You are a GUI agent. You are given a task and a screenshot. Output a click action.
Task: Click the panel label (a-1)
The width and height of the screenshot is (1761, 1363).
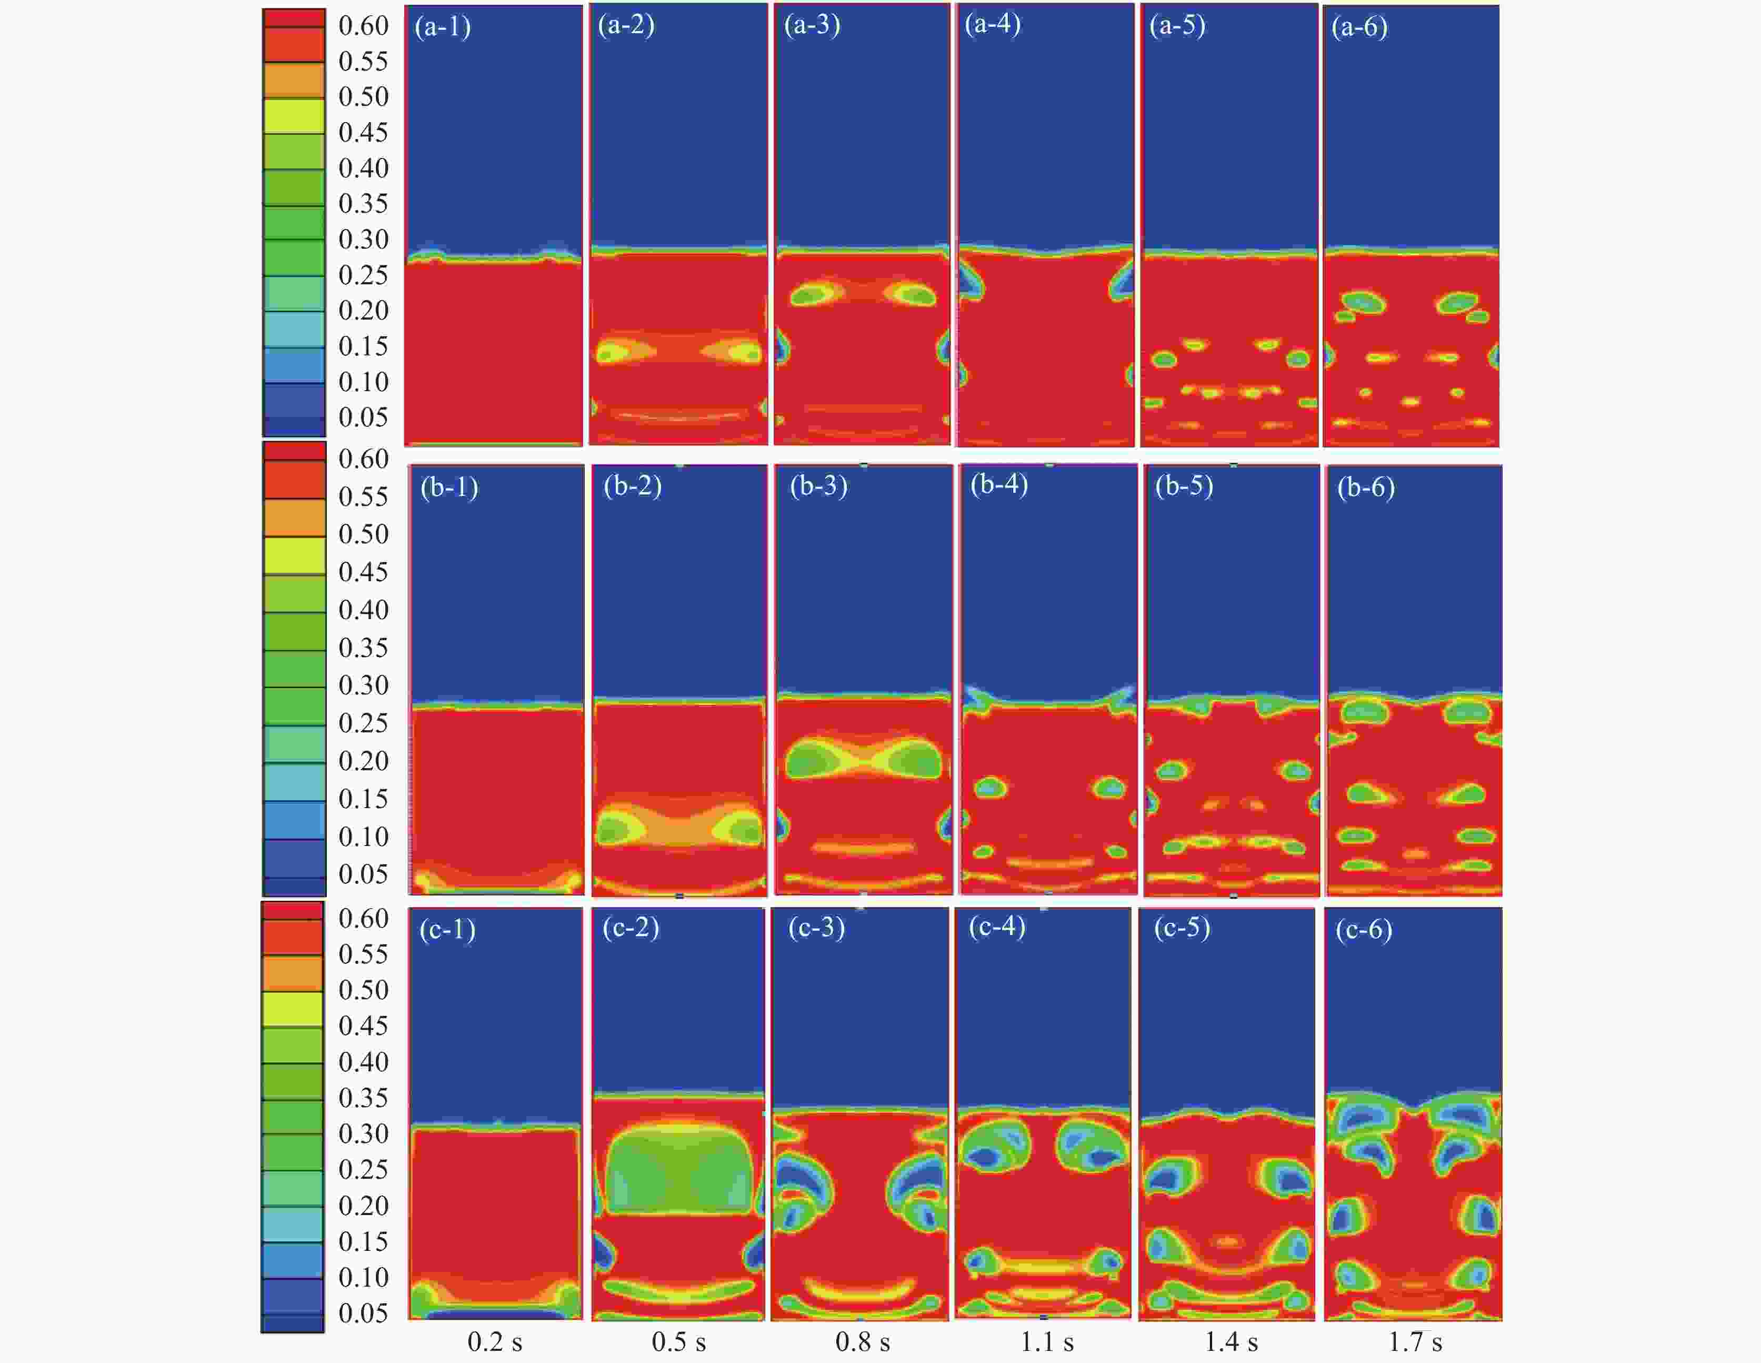[443, 27]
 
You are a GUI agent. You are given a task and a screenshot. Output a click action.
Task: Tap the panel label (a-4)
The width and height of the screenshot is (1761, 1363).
[993, 24]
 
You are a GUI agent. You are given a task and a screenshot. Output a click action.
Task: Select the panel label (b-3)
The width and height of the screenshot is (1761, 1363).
[818, 486]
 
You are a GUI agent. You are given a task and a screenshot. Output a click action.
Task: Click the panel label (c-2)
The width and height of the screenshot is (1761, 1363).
[631, 928]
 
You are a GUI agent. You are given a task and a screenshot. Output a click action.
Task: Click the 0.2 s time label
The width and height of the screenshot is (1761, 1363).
[494, 1342]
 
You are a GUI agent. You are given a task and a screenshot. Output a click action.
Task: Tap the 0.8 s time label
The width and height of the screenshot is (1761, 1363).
[862, 1342]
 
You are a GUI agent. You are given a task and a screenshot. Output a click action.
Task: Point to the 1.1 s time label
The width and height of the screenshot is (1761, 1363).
[1047, 1342]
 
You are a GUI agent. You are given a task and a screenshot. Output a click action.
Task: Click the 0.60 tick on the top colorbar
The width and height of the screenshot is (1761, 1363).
[363, 26]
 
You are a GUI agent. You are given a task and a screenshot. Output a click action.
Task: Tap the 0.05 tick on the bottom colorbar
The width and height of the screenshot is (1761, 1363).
[363, 1313]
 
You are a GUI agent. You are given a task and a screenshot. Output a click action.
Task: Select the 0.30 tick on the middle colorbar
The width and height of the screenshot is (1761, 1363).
[363, 685]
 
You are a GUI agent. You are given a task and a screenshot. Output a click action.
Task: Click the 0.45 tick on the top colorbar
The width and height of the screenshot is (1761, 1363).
[363, 132]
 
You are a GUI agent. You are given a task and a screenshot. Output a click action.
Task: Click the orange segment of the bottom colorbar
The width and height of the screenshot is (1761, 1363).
[292, 973]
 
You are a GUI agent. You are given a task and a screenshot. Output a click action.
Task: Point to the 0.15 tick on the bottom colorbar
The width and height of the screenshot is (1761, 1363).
[363, 1241]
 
